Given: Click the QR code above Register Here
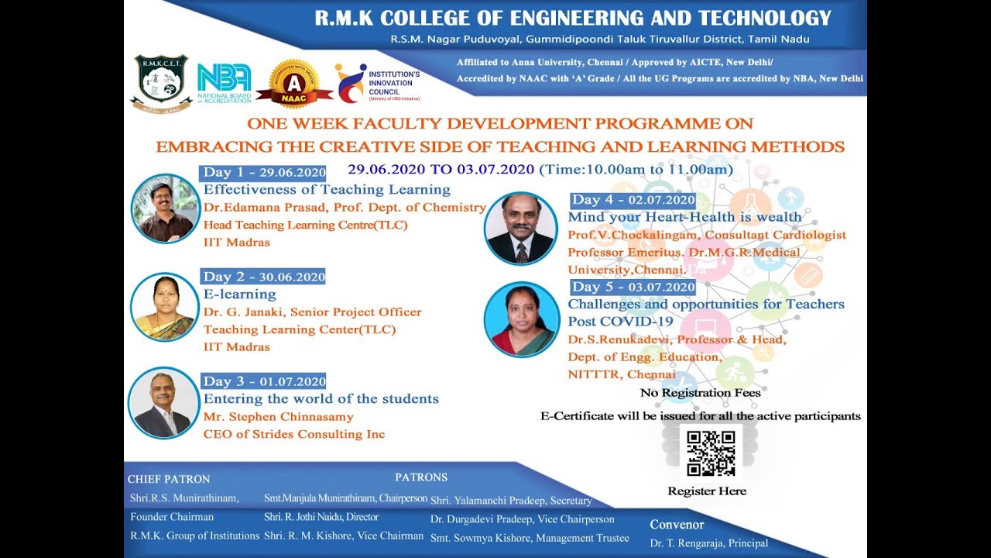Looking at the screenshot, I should tap(710, 453).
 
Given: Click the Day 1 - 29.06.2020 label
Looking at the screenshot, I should tap(263, 173).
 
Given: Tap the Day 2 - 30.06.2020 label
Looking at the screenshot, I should tap(263, 277).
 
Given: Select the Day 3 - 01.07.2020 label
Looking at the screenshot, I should tap(263, 381).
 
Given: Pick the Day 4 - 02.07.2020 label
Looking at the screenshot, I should tap(633, 200).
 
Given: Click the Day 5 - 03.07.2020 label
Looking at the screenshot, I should tap(633, 287).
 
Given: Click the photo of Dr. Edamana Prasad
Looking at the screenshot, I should tap(165, 208).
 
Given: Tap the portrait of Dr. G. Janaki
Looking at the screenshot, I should tap(164, 308).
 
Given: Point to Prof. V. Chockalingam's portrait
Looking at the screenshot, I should tap(520, 228).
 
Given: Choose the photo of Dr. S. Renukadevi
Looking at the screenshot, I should tap(521, 319).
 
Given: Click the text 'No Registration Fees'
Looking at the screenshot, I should tap(700, 393).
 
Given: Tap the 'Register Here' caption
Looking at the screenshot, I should tap(707, 491).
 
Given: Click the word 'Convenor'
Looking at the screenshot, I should tap(677, 525).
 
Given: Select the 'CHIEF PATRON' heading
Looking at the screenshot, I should tap(169, 479).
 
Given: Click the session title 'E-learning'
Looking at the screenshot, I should tap(239, 294).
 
